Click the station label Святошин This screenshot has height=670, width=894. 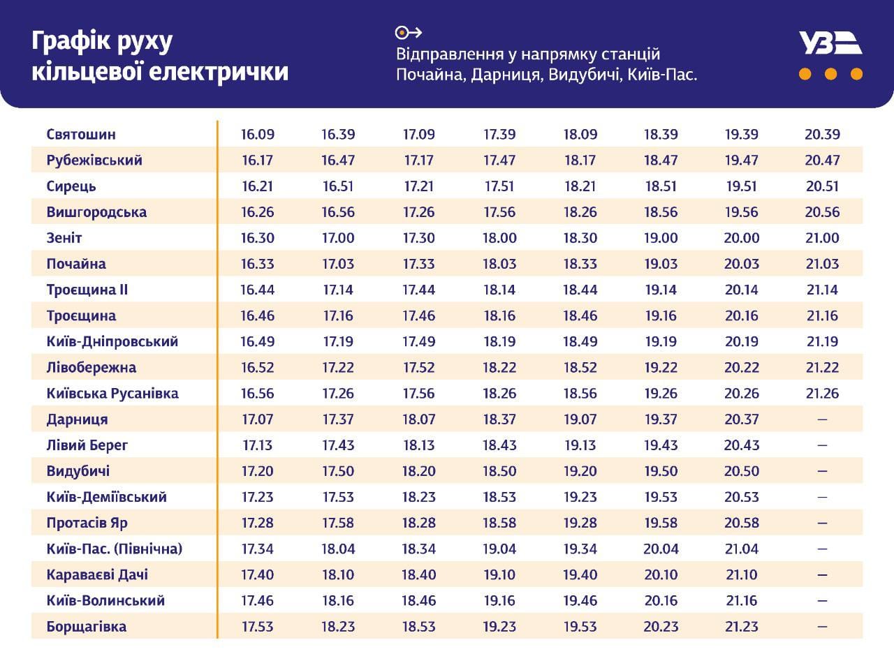[81, 134]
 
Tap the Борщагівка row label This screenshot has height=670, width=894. [87, 626]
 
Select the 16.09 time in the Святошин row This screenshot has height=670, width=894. [258, 134]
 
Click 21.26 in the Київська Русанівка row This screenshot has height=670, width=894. [822, 393]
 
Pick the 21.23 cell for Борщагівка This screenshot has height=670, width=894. [742, 626]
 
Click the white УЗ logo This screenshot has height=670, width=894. [830, 43]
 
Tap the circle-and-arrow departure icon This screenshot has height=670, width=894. [409, 32]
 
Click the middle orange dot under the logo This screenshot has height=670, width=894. [830, 74]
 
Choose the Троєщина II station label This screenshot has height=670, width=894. [87, 290]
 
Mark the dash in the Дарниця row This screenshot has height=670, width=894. [822, 419]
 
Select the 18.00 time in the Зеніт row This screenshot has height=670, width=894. [499, 238]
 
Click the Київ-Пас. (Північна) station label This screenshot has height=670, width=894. [115, 549]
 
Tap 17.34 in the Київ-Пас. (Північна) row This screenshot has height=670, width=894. [258, 549]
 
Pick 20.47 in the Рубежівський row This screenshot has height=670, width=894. [822, 160]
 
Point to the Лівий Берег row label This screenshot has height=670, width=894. [87, 445]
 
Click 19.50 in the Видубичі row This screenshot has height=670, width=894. [661, 471]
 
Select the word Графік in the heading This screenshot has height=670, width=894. [70, 42]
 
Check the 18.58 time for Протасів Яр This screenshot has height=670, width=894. [499, 523]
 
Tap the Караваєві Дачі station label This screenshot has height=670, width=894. [97, 574]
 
